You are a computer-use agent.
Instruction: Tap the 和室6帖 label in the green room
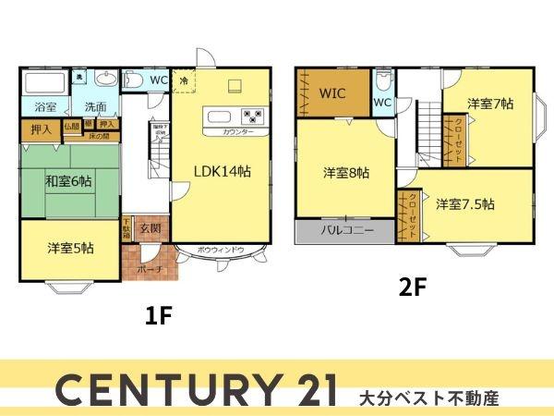[x=68, y=181]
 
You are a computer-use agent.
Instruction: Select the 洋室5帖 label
[x=70, y=248]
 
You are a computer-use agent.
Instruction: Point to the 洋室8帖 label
[x=346, y=173]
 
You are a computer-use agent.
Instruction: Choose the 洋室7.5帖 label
[x=464, y=203]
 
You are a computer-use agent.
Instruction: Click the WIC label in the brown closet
[x=333, y=93]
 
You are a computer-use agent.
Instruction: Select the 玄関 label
[x=150, y=228]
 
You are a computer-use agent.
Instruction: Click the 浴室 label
[x=45, y=106]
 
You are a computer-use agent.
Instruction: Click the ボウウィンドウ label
[x=222, y=250]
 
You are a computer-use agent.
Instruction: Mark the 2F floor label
[x=412, y=287]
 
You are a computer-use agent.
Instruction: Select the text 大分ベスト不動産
[x=428, y=398]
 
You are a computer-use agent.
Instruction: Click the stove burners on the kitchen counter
[x=252, y=116]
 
